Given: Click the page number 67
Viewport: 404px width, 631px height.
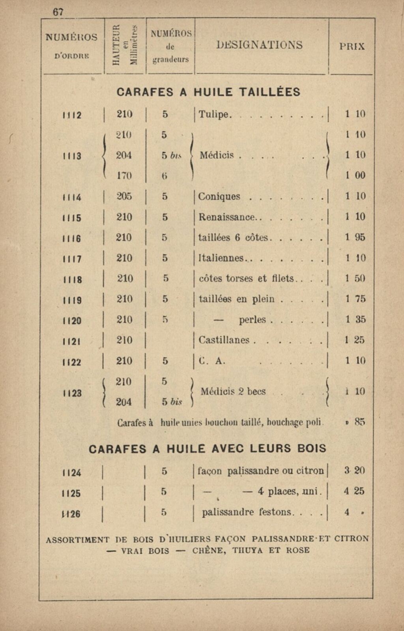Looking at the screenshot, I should pyautogui.click(x=58, y=12).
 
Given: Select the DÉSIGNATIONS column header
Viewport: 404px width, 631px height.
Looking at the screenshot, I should pyautogui.click(x=260, y=45).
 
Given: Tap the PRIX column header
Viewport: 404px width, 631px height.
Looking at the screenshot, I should pyautogui.click(x=352, y=46).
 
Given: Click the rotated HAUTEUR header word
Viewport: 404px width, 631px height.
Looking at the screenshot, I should pyautogui.click(x=115, y=44).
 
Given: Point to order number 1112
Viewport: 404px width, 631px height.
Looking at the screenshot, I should pyautogui.click(x=72, y=115).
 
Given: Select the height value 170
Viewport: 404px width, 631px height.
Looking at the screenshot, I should pyautogui.click(x=124, y=175).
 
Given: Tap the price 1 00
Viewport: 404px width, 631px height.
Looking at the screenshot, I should pyautogui.click(x=355, y=175).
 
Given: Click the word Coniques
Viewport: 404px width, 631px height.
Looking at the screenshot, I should pyautogui.click(x=219, y=196).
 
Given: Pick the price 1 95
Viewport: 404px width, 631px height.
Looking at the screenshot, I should pyautogui.click(x=355, y=237).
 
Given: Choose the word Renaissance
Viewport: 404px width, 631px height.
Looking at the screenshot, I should pyautogui.click(x=226, y=217).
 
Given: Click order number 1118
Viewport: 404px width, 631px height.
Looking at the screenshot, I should pyautogui.click(x=72, y=279).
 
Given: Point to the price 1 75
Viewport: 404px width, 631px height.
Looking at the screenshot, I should pyautogui.click(x=355, y=299).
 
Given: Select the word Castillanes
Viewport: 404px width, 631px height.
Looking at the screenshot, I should pyautogui.click(x=224, y=340).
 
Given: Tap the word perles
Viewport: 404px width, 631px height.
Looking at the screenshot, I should pyautogui.click(x=252, y=320).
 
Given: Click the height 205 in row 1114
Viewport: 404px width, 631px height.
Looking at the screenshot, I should pyautogui.click(x=124, y=196).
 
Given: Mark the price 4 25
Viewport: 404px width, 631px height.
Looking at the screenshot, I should pyautogui.click(x=354, y=491).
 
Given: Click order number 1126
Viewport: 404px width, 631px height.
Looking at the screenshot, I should pyautogui.click(x=71, y=514).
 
